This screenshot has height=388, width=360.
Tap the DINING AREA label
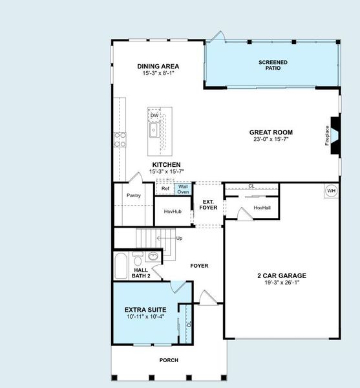coord(158,66)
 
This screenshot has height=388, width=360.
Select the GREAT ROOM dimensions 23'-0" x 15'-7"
coord(271,140)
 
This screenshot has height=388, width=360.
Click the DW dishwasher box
coord(154,116)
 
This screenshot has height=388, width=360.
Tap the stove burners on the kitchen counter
coord(120,140)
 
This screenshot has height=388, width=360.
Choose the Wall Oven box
coord(183,189)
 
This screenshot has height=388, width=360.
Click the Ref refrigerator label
coord(165,189)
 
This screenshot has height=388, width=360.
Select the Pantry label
coord(134,195)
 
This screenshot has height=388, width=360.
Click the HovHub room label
coord(172,211)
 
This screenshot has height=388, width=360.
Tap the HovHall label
coord(262,208)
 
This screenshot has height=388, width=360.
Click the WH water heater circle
coord(331,191)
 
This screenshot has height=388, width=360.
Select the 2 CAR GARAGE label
coord(281,275)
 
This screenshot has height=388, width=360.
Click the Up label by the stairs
coord(179,238)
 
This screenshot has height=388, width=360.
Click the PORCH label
coord(169,360)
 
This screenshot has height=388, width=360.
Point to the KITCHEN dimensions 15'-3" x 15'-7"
coord(166,171)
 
